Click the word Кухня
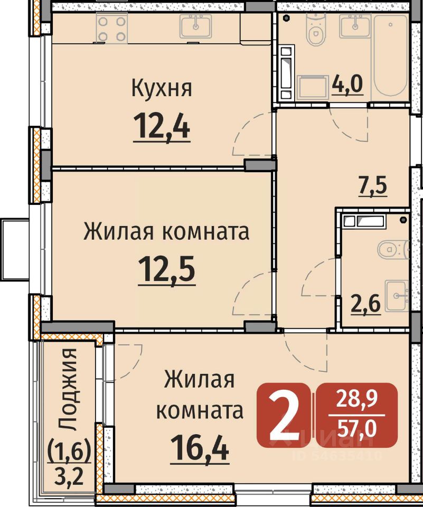[x=162, y=88]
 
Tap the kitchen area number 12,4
[x=162, y=126]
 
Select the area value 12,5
[x=166, y=269]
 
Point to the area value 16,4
[x=200, y=447]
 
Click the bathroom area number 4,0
[x=347, y=84]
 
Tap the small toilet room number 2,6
[x=366, y=304]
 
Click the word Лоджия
[x=69, y=389]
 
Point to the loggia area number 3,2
[x=69, y=476]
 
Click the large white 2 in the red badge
[x=284, y=415]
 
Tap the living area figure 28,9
[x=356, y=399]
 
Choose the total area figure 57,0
[x=356, y=428]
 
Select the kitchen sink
[x=195, y=26]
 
